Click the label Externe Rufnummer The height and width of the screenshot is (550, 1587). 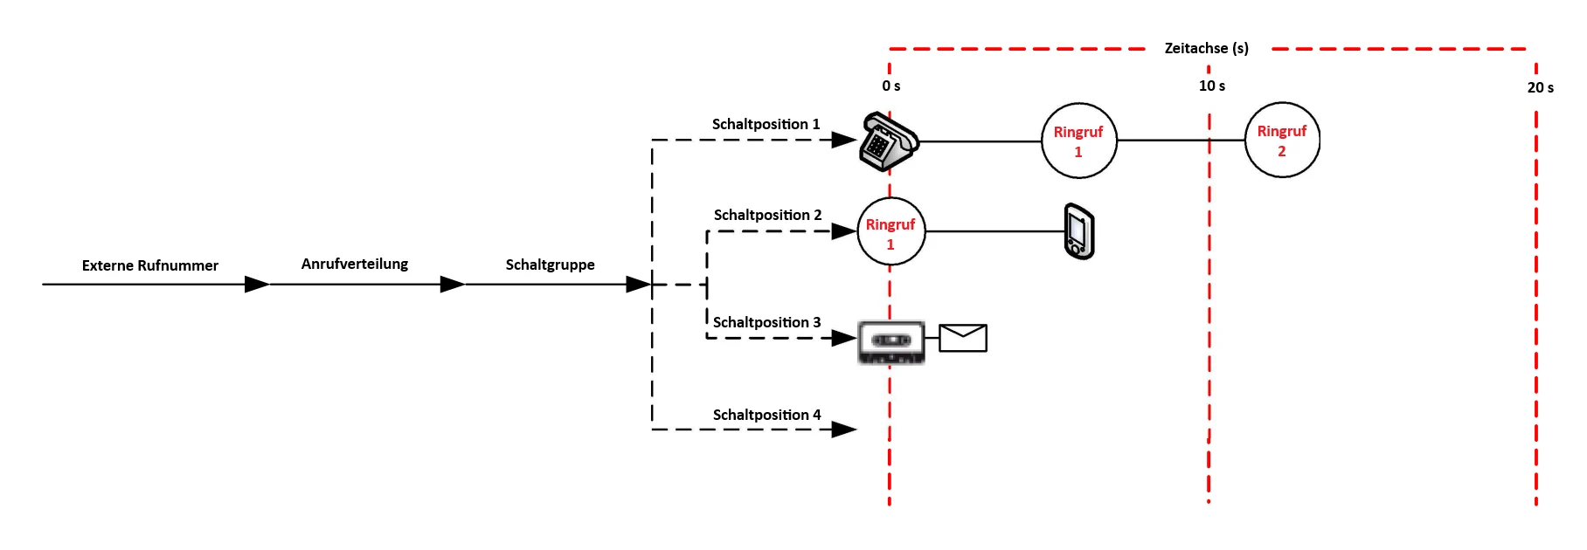tap(150, 265)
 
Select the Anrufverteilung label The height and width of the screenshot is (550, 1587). tap(355, 264)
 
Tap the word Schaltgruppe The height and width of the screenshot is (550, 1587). tap(550, 265)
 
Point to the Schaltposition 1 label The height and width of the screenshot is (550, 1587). tap(766, 124)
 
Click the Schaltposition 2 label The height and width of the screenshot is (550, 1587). tap(767, 215)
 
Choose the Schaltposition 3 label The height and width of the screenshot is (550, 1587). tap(766, 322)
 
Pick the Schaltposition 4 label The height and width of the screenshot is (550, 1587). tap(766, 415)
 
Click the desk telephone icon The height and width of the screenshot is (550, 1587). tap(888, 141)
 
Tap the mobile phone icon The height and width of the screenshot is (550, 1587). tap(1079, 231)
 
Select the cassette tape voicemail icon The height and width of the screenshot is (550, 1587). tap(891, 340)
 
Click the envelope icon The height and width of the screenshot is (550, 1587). tap(963, 338)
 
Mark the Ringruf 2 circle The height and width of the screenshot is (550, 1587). tap(1282, 141)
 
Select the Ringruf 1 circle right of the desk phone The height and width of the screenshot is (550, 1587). tap(1078, 141)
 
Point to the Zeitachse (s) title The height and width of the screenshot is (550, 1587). tap(1206, 48)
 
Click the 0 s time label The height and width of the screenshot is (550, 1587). tap(891, 86)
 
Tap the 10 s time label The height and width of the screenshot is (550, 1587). tap(1211, 86)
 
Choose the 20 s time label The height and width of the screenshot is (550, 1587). tap(1540, 87)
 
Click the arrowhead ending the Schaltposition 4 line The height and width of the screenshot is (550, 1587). tap(843, 430)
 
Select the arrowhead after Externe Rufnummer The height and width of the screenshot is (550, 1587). tap(257, 285)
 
